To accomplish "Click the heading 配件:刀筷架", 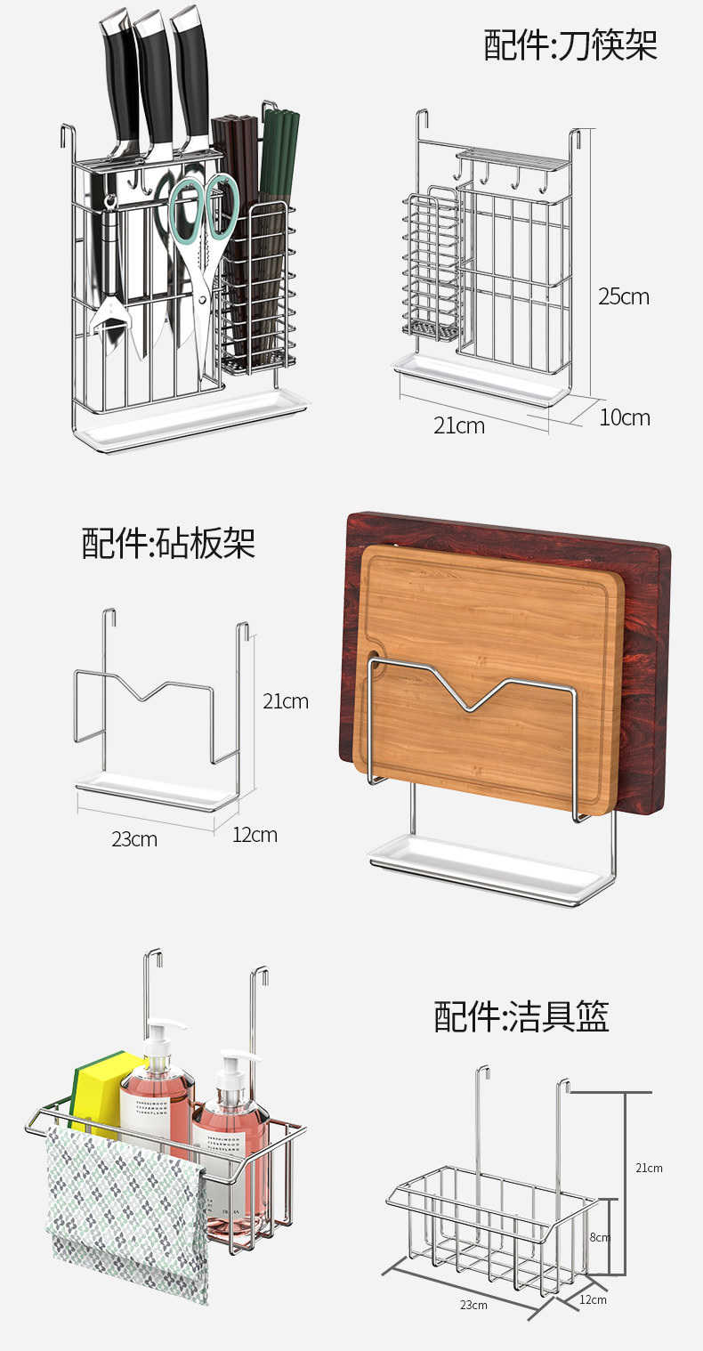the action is [x=570, y=45].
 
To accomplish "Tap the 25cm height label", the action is [x=623, y=296].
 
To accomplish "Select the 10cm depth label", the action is [x=624, y=417].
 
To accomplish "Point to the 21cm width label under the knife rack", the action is [x=459, y=425].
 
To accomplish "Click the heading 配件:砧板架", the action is [x=168, y=542].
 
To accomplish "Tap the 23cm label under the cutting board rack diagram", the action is [x=134, y=838].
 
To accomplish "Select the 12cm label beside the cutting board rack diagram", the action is [x=255, y=835].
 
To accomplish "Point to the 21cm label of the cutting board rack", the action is [x=286, y=701].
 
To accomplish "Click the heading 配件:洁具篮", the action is [x=521, y=1015].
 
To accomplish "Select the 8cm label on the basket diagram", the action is [x=600, y=1237].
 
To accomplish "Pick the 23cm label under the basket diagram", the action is [x=473, y=1305].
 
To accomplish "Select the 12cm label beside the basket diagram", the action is [x=593, y=1300].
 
